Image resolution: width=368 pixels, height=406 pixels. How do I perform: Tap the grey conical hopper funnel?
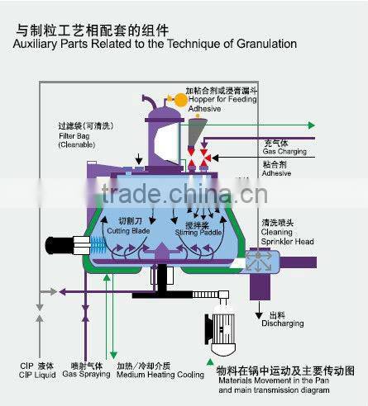196,130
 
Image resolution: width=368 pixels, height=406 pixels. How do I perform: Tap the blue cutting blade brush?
100,244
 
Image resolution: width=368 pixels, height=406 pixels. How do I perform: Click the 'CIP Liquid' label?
38,375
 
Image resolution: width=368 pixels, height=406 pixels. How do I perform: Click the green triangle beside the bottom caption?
198,369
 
